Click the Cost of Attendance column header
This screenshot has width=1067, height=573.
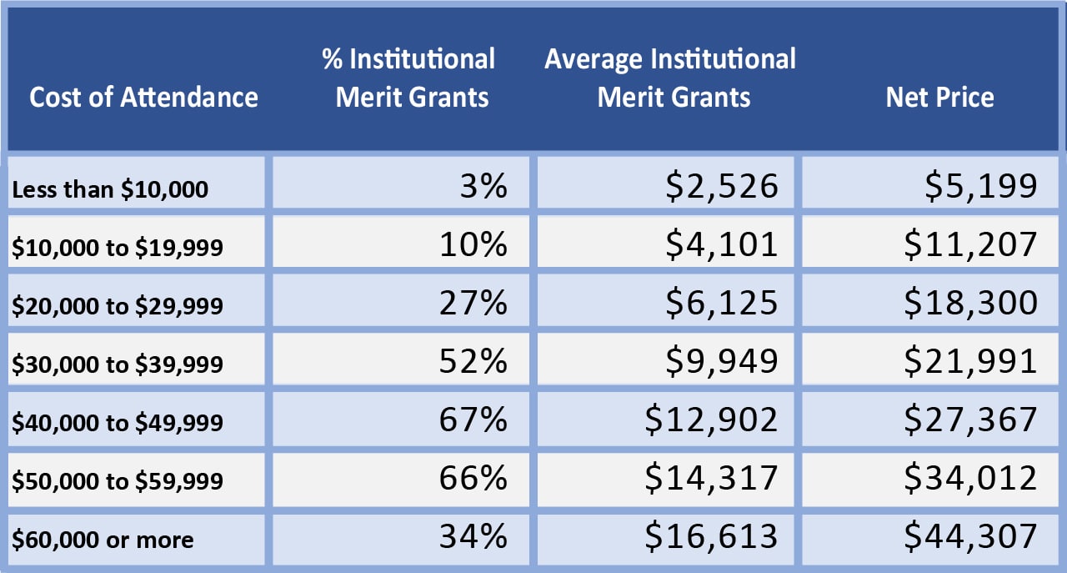[143, 98]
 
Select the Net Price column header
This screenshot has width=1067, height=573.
[939, 98]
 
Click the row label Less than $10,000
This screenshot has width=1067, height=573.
[109, 189]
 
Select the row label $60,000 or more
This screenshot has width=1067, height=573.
[103, 540]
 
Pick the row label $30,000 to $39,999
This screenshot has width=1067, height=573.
[118, 364]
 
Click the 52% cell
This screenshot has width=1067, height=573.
[473, 360]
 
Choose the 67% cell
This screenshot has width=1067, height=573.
[473, 419]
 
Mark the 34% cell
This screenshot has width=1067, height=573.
[473, 535]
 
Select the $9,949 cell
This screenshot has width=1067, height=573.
[722, 360]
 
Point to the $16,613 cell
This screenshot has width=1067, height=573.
[711, 535]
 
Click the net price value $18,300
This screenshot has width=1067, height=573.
[971, 302]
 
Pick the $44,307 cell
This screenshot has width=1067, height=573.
[971, 535]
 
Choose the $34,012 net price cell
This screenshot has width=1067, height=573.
[971, 477]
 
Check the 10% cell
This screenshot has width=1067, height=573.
[473, 244]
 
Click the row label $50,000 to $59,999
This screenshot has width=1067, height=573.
[118, 481]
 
